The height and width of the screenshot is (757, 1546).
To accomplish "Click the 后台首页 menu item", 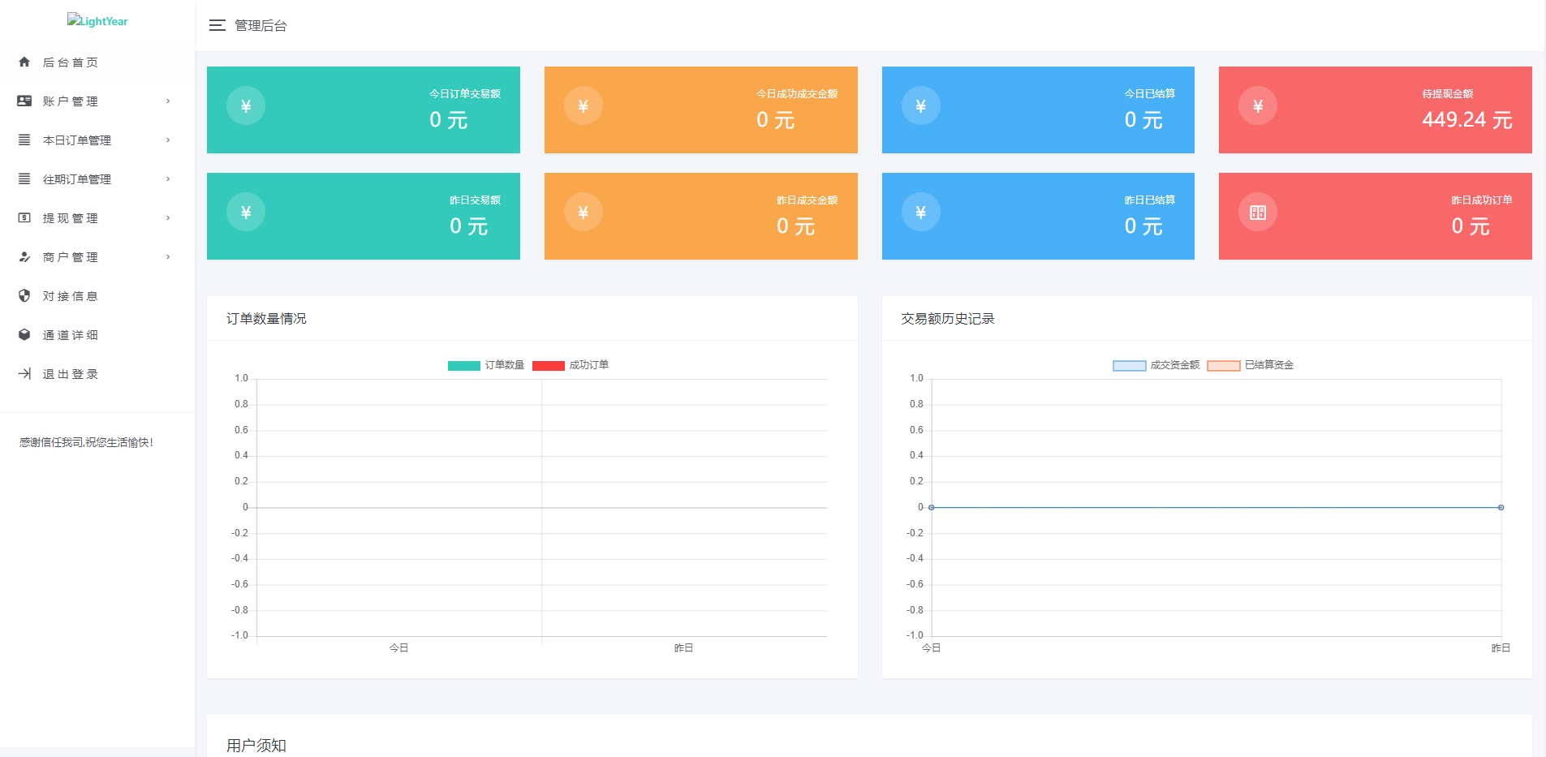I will click(x=70, y=62).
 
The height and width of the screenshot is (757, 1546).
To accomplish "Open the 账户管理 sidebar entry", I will click(x=70, y=101).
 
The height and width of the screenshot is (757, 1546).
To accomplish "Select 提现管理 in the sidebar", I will click(x=70, y=218).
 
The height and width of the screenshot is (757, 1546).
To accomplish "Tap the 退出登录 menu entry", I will click(x=70, y=374).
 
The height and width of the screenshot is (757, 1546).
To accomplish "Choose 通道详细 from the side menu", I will click(x=70, y=335).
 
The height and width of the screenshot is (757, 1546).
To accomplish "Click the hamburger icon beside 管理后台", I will click(x=217, y=26).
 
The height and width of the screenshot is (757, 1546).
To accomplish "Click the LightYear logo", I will click(x=97, y=21).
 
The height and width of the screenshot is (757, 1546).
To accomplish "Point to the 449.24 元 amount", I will click(x=1466, y=120).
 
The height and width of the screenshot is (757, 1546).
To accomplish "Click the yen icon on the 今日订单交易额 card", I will click(x=246, y=106).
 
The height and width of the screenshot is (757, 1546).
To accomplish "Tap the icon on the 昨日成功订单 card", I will click(x=1258, y=213).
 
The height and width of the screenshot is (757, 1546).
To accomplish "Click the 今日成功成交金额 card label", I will click(x=796, y=94).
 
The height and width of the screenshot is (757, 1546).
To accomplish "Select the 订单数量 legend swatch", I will click(x=464, y=366).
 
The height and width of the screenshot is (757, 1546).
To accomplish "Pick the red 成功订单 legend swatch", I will click(x=549, y=366).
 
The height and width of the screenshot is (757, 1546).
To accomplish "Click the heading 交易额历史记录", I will click(x=947, y=319).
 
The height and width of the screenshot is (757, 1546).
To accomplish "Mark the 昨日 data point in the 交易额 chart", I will click(x=1501, y=508).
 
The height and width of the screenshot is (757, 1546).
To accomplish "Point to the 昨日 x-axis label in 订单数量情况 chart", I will click(x=683, y=648).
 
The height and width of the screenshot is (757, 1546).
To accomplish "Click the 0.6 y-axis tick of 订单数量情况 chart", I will click(x=241, y=430).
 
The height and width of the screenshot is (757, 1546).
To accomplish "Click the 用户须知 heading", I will click(x=256, y=746).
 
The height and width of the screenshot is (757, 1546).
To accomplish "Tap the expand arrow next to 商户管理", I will click(x=168, y=257).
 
